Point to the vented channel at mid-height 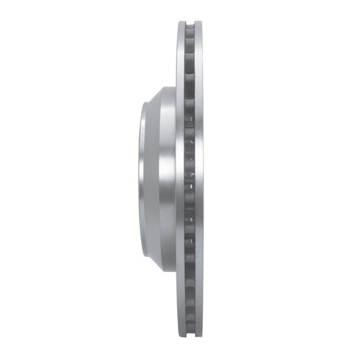[192, 180]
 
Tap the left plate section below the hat [181, 306]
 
